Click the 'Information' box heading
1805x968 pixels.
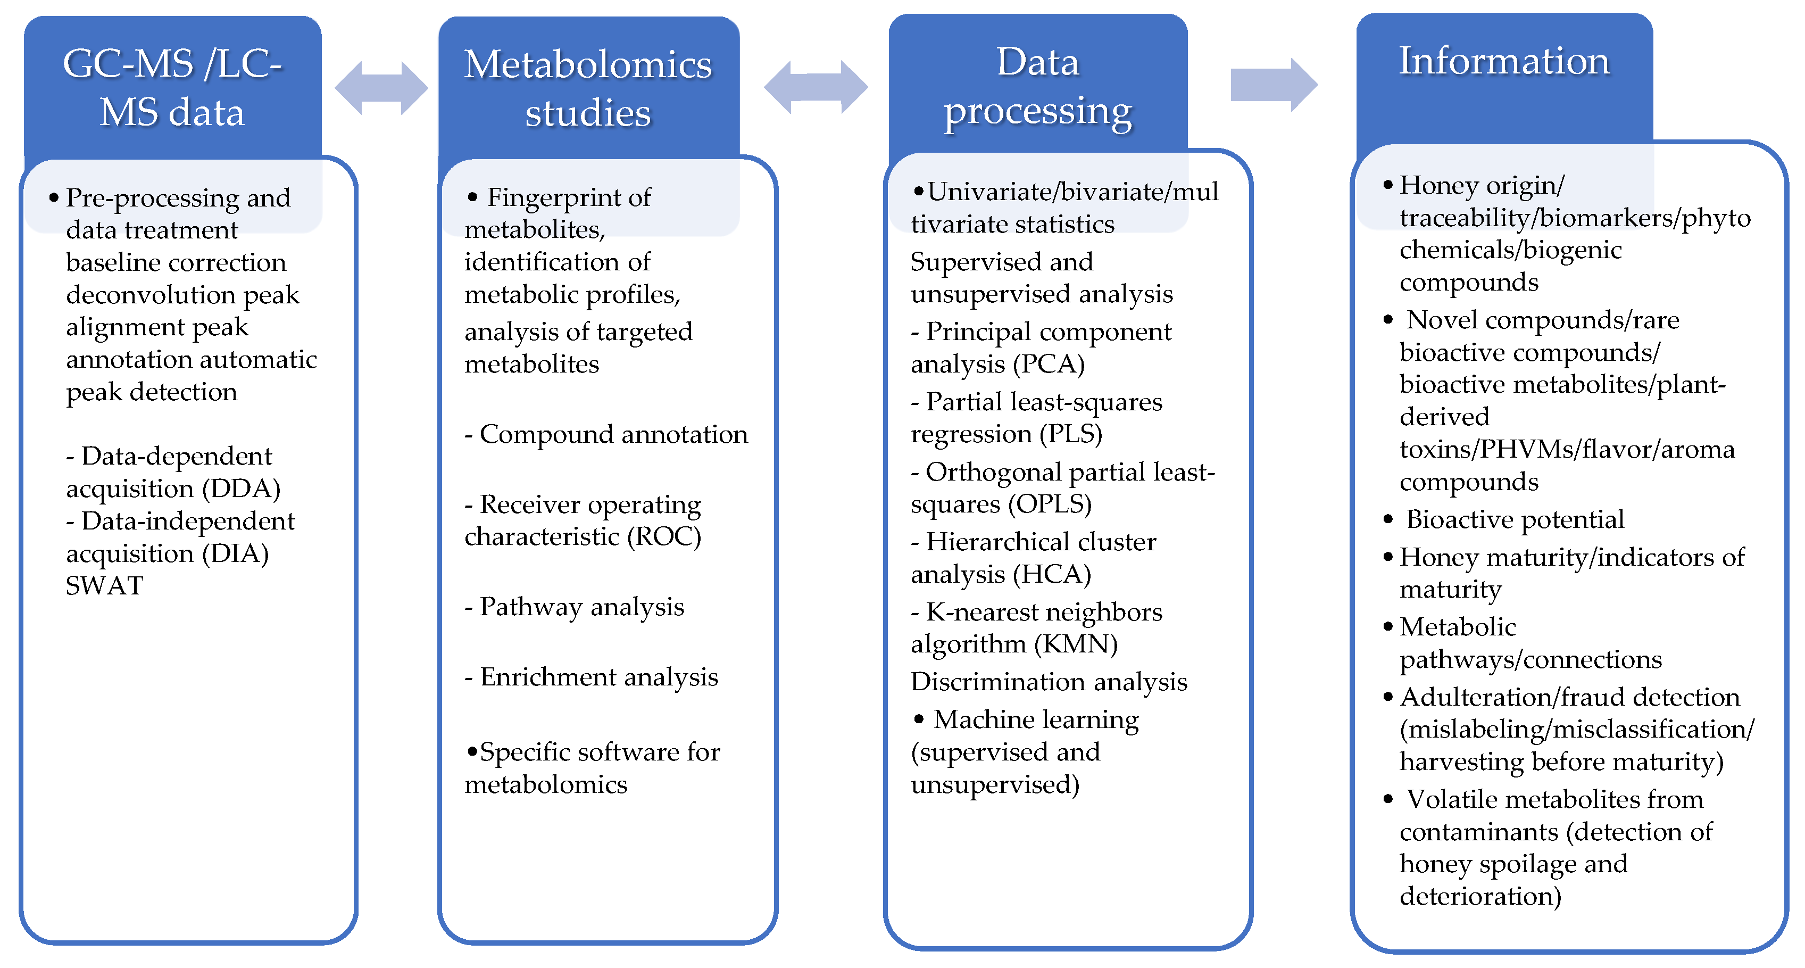(1504, 61)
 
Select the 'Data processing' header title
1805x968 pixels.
(1038, 86)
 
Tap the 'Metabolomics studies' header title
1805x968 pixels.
(588, 88)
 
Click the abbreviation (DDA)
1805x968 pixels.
(241, 489)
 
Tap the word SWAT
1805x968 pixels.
(104, 586)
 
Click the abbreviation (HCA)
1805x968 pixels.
(1052, 575)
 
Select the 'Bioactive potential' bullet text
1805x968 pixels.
(1515, 519)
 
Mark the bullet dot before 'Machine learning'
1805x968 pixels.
(919, 719)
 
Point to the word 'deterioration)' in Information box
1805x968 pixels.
(1480, 897)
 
